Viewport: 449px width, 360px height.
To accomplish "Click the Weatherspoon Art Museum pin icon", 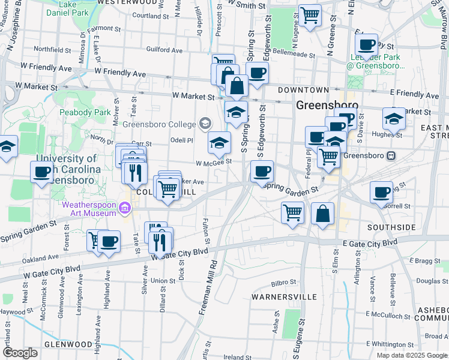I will (x=125, y=208).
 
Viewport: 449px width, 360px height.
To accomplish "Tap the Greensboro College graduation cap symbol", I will (x=205, y=124).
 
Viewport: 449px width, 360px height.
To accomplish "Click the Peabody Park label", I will (x=84, y=112).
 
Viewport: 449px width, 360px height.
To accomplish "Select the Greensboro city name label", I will (x=327, y=105).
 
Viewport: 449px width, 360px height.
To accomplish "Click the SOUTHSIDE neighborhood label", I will (x=391, y=227).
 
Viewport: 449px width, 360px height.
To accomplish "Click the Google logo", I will (x=20, y=353).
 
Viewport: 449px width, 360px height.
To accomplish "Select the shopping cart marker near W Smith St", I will (x=310, y=16).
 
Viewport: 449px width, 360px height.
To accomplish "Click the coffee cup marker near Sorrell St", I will (x=381, y=192).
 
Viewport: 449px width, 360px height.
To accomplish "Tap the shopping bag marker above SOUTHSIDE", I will (x=323, y=214).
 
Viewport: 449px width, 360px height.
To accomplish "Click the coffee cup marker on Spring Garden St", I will (x=262, y=172).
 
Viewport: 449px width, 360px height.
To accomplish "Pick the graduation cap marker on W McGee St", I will (x=219, y=143).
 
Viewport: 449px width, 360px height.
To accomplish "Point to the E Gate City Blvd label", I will (x=370, y=242).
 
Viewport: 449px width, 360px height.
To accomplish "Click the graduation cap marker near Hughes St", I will (x=394, y=118).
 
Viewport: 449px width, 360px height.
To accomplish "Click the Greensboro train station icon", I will (x=391, y=155).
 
